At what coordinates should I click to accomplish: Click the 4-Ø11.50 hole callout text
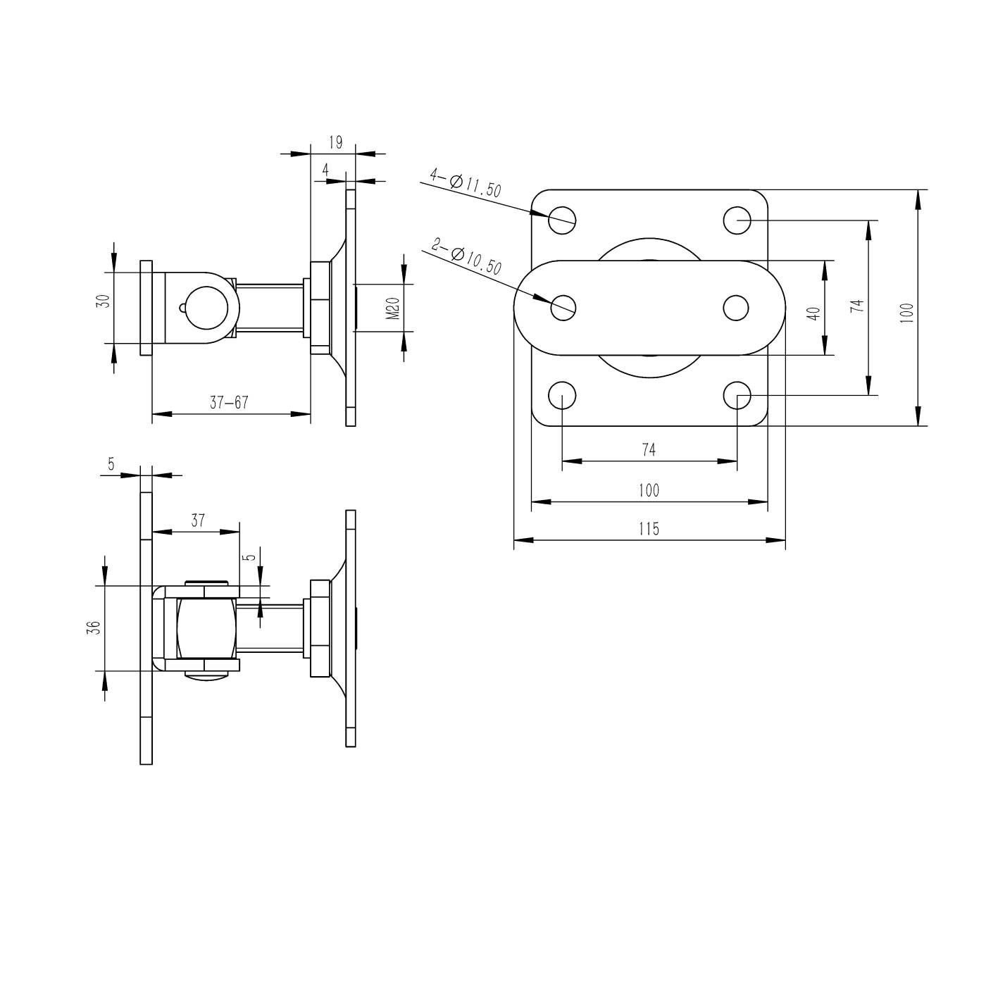[465, 183]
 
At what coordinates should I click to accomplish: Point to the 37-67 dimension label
[229, 403]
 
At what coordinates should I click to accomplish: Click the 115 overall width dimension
[649, 528]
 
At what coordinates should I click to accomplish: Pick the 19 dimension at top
[336, 142]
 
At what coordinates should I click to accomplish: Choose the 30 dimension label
[103, 301]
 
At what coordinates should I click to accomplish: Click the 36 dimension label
[94, 628]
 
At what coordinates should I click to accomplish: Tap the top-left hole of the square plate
[562, 220]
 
